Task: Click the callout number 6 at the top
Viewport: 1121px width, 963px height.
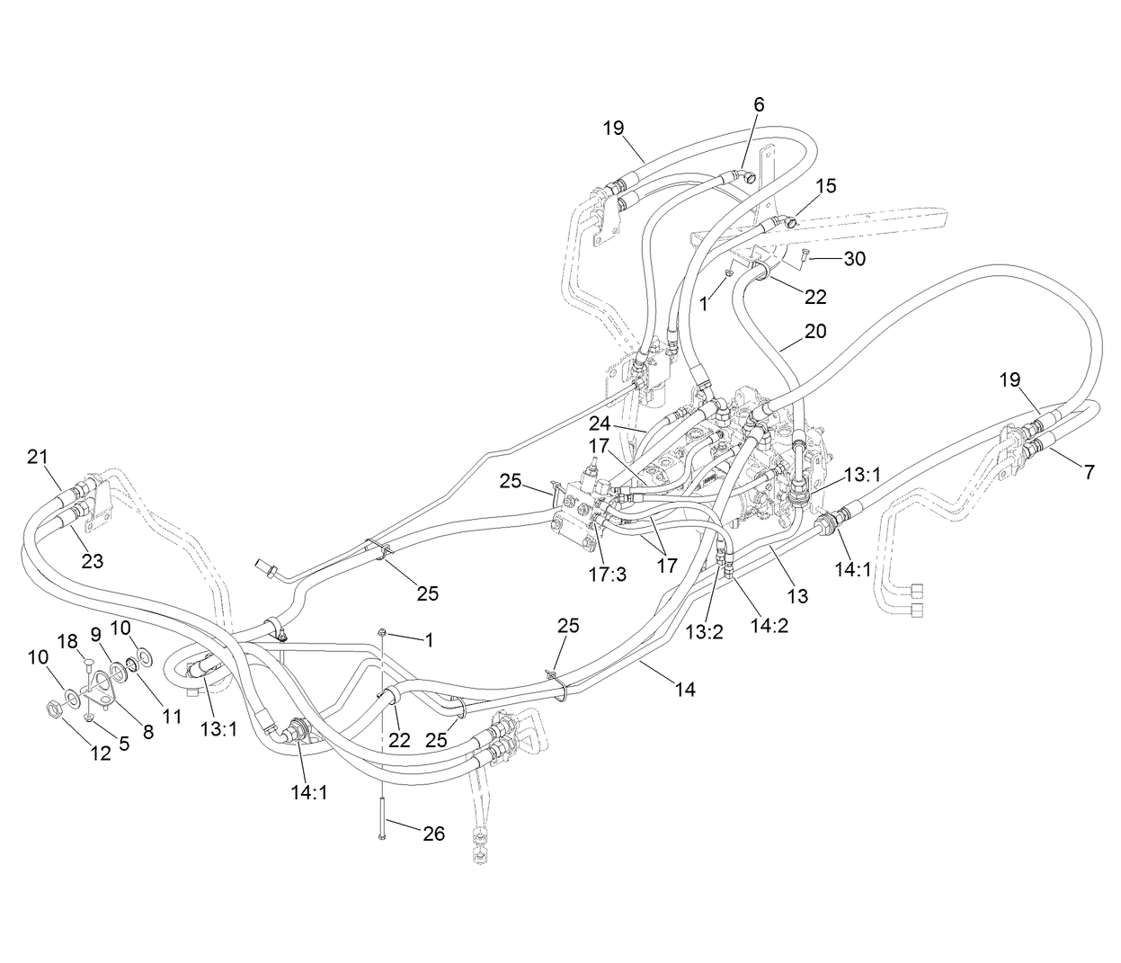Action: (759, 104)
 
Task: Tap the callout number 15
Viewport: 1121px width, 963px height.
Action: (826, 185)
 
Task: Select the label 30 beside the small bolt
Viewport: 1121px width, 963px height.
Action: (854, 259)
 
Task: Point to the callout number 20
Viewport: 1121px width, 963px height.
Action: (814, 331)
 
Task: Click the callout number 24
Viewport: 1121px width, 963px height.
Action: (601, 422)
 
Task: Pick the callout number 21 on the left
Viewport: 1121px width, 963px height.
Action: (37, 457)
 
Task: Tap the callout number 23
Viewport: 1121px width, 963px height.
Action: (92, 561)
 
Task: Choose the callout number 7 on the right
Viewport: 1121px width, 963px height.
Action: (1089, 471)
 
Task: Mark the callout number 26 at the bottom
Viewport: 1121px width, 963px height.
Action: (433, 834)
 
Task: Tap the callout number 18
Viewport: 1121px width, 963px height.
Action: (68, 640)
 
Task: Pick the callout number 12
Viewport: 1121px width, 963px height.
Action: (101, 753)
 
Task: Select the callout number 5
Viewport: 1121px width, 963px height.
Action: (123, 743)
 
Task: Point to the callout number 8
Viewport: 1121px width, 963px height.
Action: (148, 733)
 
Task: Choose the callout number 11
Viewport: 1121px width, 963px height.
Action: (172, 716)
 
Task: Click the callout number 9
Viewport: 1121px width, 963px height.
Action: (95, 634)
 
